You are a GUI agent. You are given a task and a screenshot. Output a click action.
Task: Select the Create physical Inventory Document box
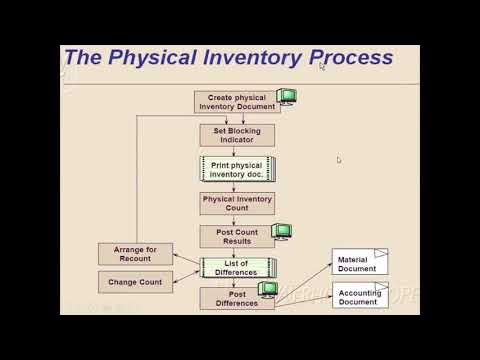pyautogui.click(x=235, y=102)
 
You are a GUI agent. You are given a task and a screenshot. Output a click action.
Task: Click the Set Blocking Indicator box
pyautogui.click(x=236, y=135)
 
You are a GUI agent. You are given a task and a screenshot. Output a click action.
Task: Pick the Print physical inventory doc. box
pyautogui.click(x=236, y=169)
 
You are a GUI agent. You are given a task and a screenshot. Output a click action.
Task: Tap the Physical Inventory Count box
pyautogui.click(x=236, y=203)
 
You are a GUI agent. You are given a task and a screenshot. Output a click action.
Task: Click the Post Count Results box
pyautogui.click(x=236, y=237)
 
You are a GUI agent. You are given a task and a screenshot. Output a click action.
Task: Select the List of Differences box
pyautogui.click(x=236, y=268)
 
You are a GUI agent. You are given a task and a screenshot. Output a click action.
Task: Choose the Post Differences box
pyautogui.click(x=236, y=298)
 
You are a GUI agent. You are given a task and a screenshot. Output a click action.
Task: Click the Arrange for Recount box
pyautogui.click(x=135, y=254)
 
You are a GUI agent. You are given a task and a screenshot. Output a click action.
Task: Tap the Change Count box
pyautogui.click(x=135, y=282)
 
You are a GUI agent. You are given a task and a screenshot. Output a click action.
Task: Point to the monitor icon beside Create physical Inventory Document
pyautogui.click(x=287, y=97)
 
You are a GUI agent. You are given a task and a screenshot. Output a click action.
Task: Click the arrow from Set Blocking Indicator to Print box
pyautogui.click(x=236, y=151)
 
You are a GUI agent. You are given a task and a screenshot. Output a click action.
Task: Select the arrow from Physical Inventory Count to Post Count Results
pyautogui.click(x=236, y=220)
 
